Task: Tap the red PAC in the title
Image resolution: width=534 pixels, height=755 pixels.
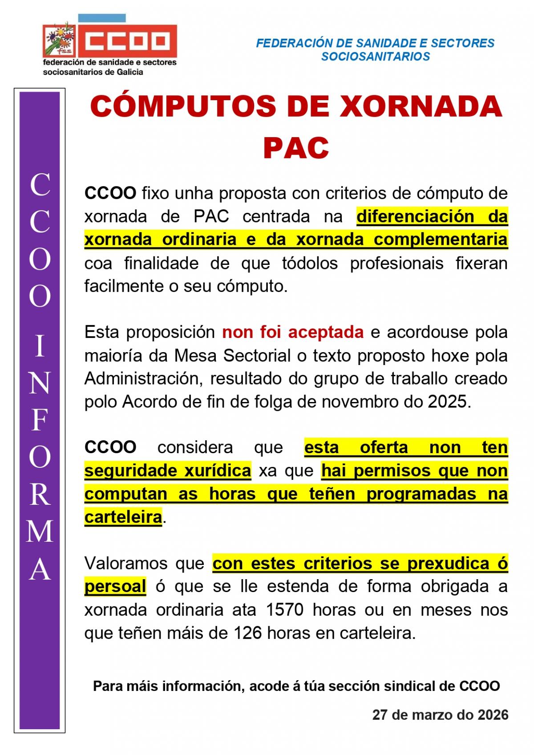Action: pos(296,148)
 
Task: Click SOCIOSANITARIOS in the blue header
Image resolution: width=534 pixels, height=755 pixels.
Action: pos(375,57)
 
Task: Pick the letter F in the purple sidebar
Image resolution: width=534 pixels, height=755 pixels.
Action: pos(40,421)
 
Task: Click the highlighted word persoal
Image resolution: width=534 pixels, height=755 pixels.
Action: pos(115,587)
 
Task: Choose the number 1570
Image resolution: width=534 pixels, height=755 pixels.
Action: pos(284,610)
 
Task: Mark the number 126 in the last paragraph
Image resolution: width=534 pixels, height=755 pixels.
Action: pos(247,633)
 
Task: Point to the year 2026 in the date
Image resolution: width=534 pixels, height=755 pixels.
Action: pos(493,715)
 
